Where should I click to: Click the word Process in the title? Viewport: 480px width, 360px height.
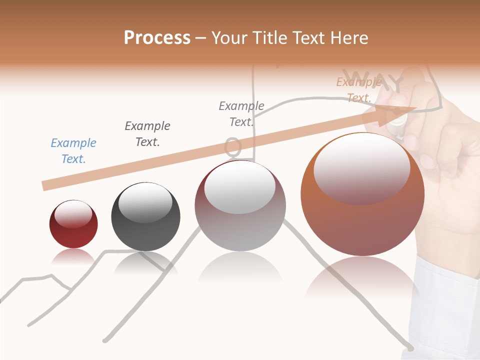coord(157,38)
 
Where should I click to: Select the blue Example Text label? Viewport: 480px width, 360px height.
coord(73,151)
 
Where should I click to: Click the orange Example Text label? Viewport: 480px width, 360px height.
coord(359,90)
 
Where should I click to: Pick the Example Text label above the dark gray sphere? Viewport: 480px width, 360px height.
coord(147,134)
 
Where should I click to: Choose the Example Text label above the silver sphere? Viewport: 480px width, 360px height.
coord(241,114)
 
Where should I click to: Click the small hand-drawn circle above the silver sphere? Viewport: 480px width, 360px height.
coord(232,146)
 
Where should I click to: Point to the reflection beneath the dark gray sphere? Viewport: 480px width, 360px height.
coord(145,263)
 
